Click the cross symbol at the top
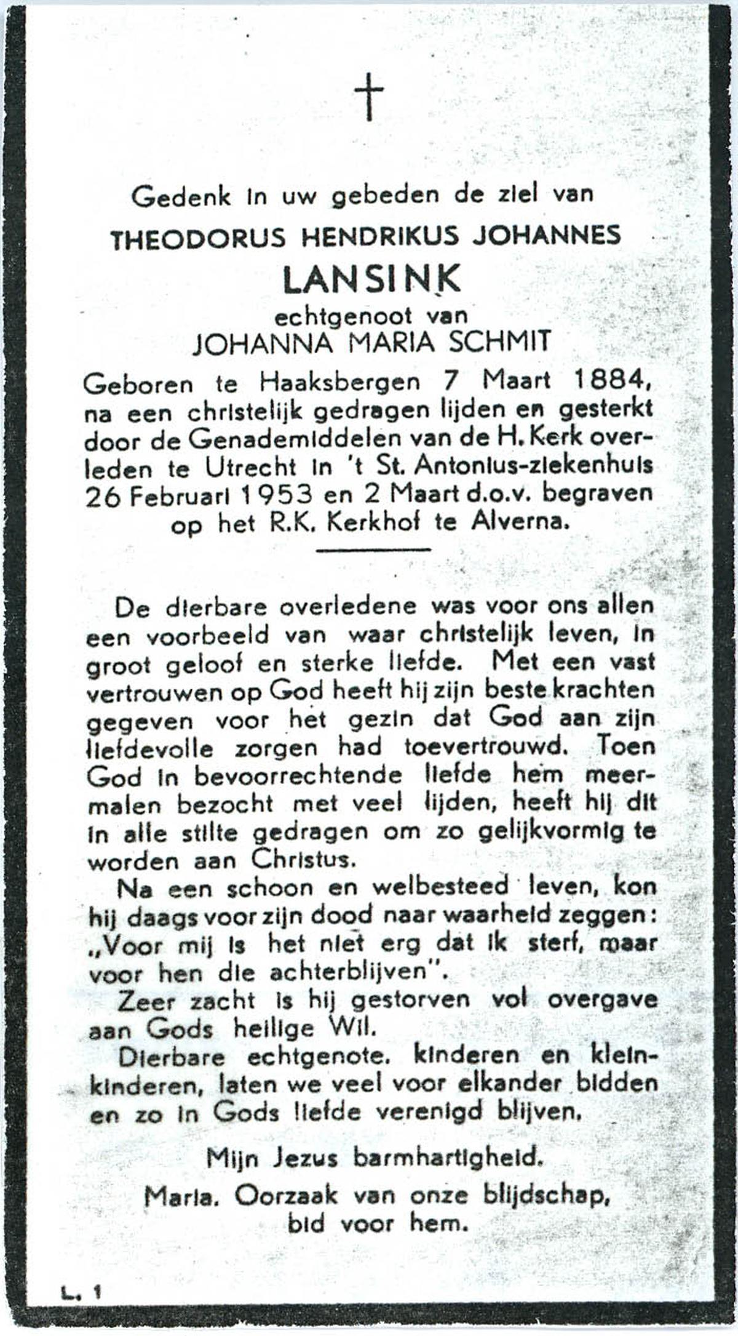[369, 97]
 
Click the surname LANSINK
[371, 280]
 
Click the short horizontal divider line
[373, 550]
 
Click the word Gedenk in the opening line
[181, 197]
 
